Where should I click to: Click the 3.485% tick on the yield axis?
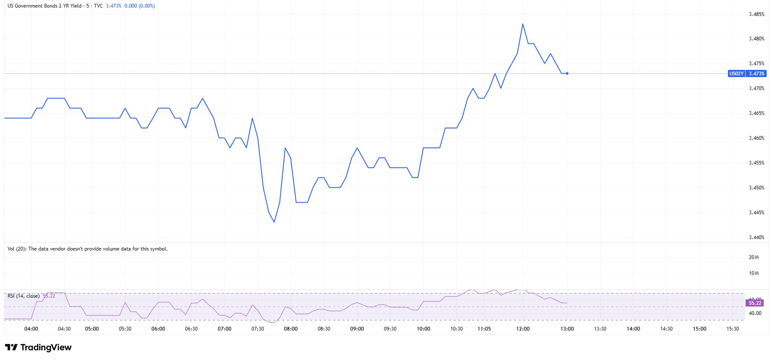click(756, 14)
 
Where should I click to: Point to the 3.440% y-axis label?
click(756, 237)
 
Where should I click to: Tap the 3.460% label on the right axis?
click(756, 138)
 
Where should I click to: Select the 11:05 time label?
click(484, 329)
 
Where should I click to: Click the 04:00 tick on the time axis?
click(31, 329)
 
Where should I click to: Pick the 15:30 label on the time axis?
click(733, 329)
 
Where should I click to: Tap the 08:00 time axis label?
click(291, 329)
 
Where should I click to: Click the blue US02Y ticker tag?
click(736, 74)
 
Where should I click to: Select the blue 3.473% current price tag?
click(756, 74)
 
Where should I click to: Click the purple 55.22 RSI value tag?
click(755, 303)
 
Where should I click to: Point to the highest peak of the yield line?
click(523, 24)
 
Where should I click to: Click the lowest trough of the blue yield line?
click(274, 222)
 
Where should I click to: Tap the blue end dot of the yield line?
click(567, 74)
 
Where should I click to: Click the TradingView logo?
click(38, 347)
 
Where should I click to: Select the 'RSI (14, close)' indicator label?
click(24, 296)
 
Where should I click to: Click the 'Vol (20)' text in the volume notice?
click(17, 249)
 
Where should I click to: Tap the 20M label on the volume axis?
click(754, 257)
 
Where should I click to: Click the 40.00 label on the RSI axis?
click(755, 313)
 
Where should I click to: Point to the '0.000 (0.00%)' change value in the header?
click(139, 6)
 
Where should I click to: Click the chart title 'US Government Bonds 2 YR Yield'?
click(45, 6)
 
